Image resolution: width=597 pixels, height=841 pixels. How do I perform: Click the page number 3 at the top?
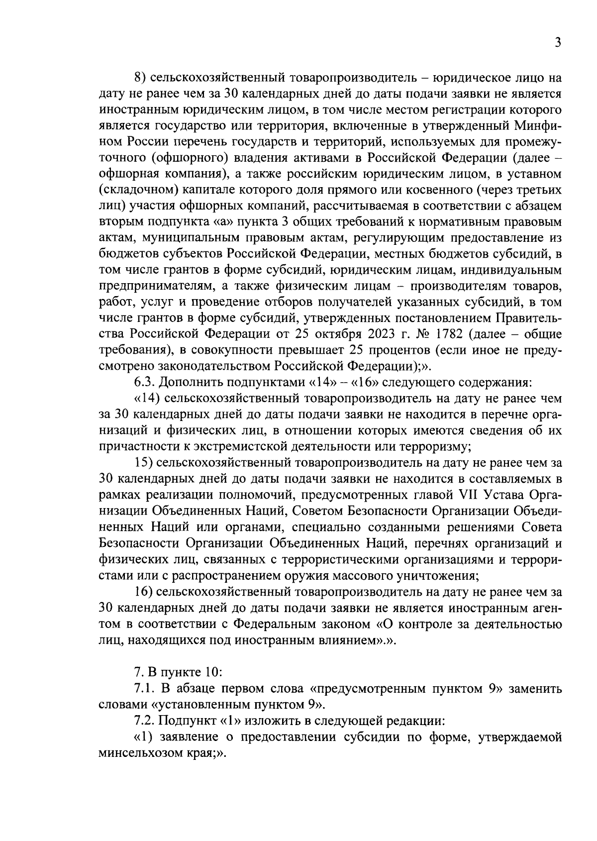[x=558, y=43]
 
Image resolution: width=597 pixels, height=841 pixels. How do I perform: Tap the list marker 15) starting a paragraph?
[x=144, y=463]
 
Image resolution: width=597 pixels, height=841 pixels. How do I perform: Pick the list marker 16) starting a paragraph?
[x=144, y=592]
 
